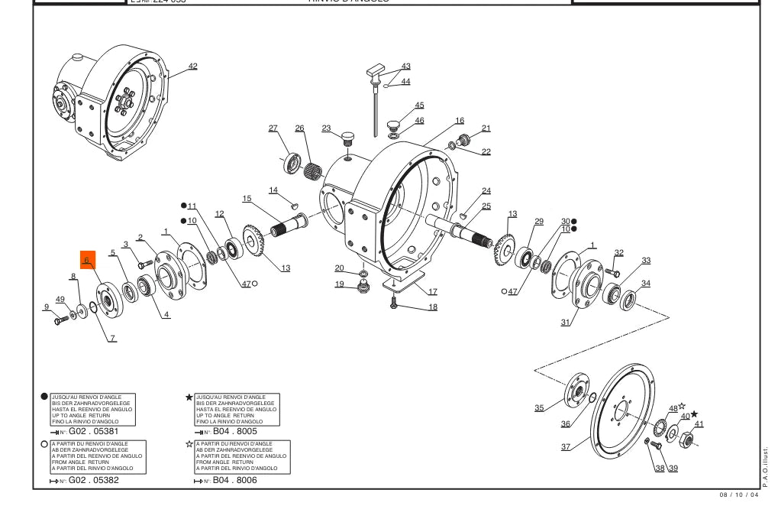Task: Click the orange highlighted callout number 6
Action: [87, 260]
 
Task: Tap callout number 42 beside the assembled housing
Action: [192, 66]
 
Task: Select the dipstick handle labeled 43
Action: [376, 73]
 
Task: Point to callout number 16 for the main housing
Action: [460, 121]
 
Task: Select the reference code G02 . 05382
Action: [94, 480]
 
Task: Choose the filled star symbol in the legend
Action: [189, 397]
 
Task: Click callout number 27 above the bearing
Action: [273, 128]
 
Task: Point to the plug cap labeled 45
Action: [394, 123]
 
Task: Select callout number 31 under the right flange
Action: [566, 323]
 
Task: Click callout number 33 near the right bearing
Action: [646, 261]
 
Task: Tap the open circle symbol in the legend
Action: [44, 444]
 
